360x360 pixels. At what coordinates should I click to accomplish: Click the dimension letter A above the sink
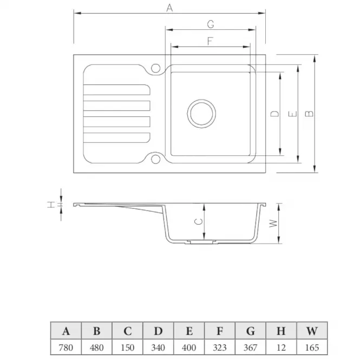169,8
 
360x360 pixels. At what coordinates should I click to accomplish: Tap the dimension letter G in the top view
211,24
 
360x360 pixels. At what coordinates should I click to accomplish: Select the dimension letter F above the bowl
210,41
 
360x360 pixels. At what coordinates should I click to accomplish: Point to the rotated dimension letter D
274,114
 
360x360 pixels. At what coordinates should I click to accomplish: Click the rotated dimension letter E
292,114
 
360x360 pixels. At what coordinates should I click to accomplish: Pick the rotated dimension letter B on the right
309,114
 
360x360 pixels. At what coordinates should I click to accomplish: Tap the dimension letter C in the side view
199,221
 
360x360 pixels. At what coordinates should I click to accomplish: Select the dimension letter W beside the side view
273,223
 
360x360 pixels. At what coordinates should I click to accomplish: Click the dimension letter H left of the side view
51,205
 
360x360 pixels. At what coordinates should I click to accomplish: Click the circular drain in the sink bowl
201,114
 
